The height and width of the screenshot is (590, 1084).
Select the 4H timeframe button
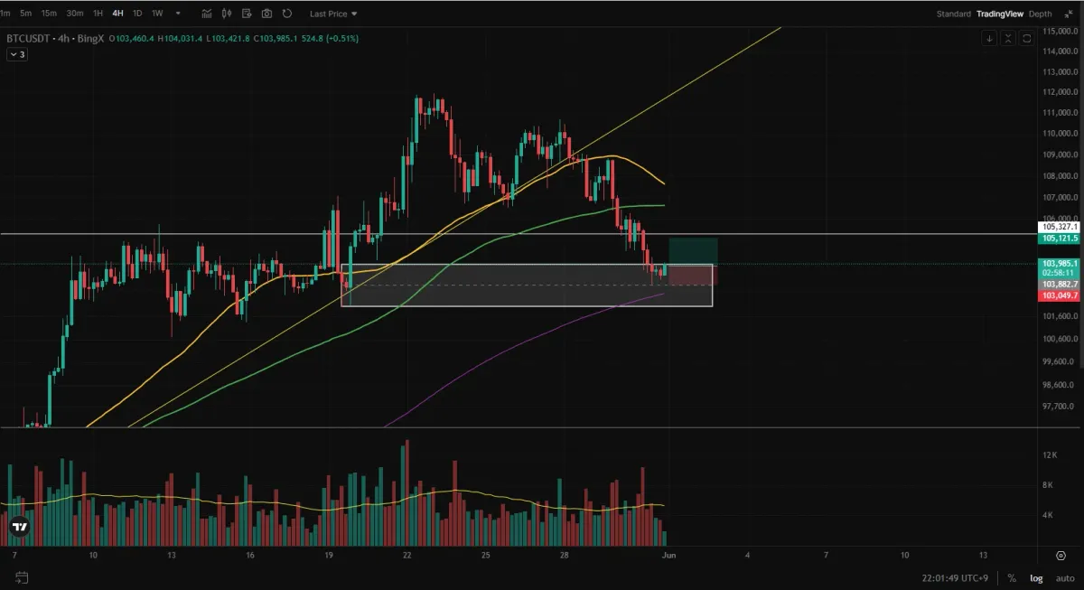coord(117,14)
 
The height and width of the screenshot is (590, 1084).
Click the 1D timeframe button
coord(137,14)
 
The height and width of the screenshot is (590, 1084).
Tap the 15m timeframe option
coord(49,14)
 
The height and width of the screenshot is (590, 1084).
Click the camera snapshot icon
coord(266,14)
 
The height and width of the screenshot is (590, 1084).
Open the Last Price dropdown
coord(333,14)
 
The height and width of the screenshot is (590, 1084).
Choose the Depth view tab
coord(1041,14)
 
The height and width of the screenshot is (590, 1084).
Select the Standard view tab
coord(953,14)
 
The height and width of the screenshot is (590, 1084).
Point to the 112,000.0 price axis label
coord(1059,92)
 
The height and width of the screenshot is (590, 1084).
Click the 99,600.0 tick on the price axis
coord(1059,361)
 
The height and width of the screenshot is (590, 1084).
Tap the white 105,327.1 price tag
coord(1059,228)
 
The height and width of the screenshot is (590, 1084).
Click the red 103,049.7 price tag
coord(1059,295)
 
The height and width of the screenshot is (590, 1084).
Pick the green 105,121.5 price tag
coord(1059,239)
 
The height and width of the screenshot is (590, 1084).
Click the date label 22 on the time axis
coord(408,554)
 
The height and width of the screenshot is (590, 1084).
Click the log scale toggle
coord(1035,578)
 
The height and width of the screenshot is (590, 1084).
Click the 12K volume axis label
coord(1050,454)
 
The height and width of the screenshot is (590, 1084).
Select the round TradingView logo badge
coord(18,526)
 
